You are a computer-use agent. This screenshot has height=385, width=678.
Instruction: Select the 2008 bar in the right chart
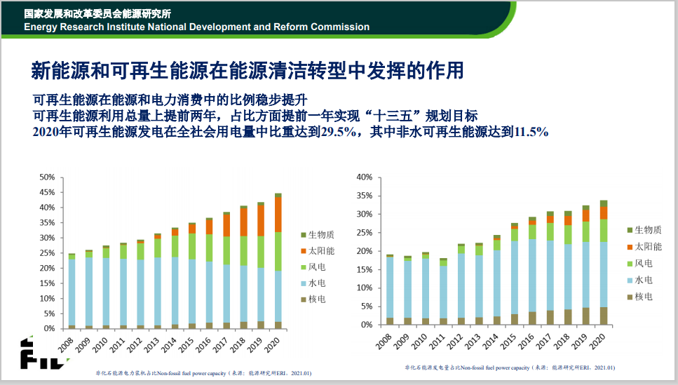tap(390, 290)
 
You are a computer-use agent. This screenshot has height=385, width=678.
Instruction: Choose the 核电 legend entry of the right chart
tap(643, 297)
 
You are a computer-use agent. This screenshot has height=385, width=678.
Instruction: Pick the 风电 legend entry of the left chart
tap(315, 267)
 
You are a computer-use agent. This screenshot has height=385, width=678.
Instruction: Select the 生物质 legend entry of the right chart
tap(647, 230)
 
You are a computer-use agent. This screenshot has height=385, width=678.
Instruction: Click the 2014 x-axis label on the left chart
tap(168, 343)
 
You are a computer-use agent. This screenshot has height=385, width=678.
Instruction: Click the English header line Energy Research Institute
tap(196, 27)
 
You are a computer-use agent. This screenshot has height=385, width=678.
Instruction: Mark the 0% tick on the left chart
tap(48, 328)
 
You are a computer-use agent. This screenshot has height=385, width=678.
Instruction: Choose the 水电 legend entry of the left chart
tap(315, 284)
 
